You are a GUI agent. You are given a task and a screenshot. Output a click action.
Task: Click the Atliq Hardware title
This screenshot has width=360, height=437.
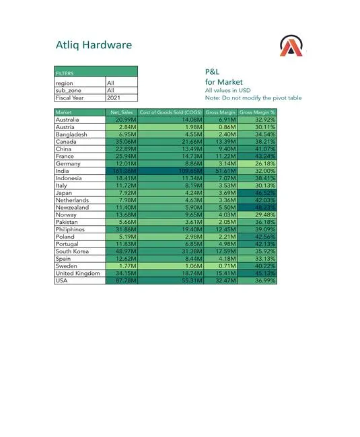(x=94, y=46)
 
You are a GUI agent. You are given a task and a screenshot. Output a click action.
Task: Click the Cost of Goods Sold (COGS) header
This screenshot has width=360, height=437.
(x=171, y=112)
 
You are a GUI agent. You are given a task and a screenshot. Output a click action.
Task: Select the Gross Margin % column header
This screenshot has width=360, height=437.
(x=258, y=112)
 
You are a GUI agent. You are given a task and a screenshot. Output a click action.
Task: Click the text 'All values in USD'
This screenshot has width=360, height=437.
(x=227, y=90)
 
